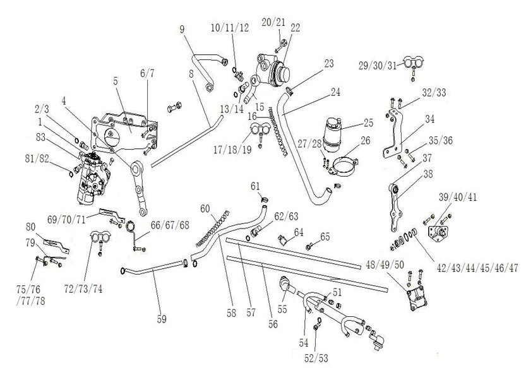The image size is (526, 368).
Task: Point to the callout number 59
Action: click(162, 319)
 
